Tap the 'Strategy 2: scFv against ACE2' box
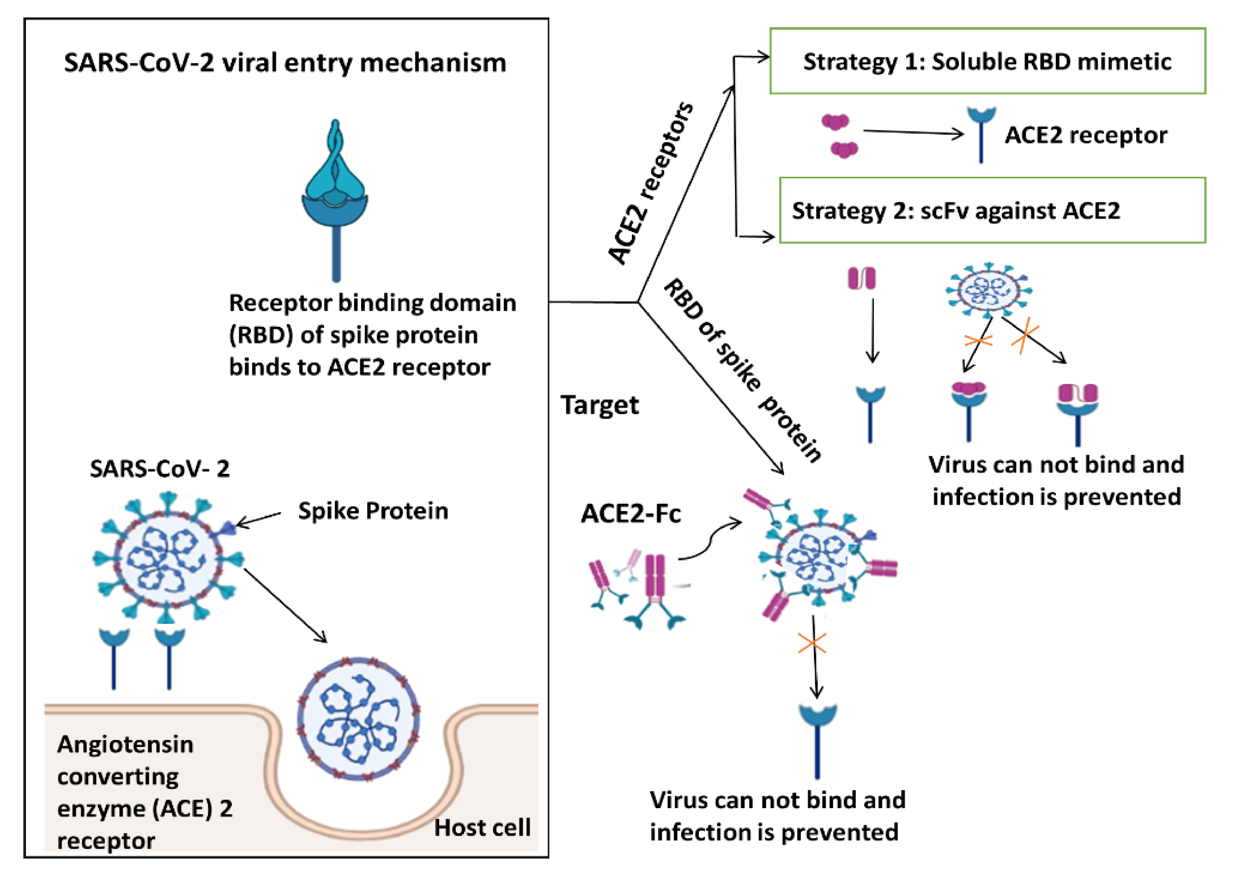[x=992, y=210]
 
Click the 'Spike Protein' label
[x=373, y=511]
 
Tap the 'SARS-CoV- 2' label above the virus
[x=160, y=468]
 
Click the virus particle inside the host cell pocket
[x=358, y=719]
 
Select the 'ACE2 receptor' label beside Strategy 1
[x=1086, y=135]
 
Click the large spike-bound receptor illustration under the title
[x=335, y=199]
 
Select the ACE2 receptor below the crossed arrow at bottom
[x=817, y=739]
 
